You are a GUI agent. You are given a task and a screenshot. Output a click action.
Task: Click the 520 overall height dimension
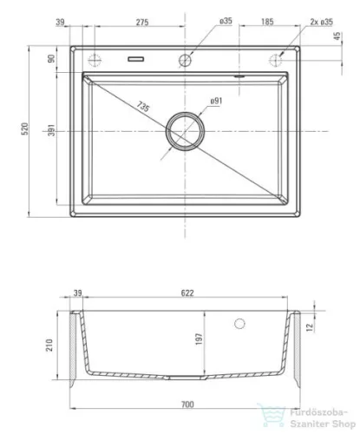coord(25,128)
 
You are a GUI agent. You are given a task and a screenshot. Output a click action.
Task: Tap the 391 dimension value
coord(51,130)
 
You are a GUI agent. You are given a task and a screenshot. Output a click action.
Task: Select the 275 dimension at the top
coord(142,23)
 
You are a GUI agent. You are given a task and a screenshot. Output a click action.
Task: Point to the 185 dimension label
coord(267,22)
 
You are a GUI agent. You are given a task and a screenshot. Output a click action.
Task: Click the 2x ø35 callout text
coord(322,22)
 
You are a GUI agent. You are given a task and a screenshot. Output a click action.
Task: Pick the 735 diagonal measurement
coord(143,107)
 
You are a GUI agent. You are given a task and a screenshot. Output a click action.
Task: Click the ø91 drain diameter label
coord(216,101)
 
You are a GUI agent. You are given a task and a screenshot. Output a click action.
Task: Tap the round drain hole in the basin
coord(185,131)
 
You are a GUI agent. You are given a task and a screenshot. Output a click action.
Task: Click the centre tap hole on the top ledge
coord(185,60)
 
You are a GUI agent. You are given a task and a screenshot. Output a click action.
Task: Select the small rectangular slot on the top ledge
coord(136,59)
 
